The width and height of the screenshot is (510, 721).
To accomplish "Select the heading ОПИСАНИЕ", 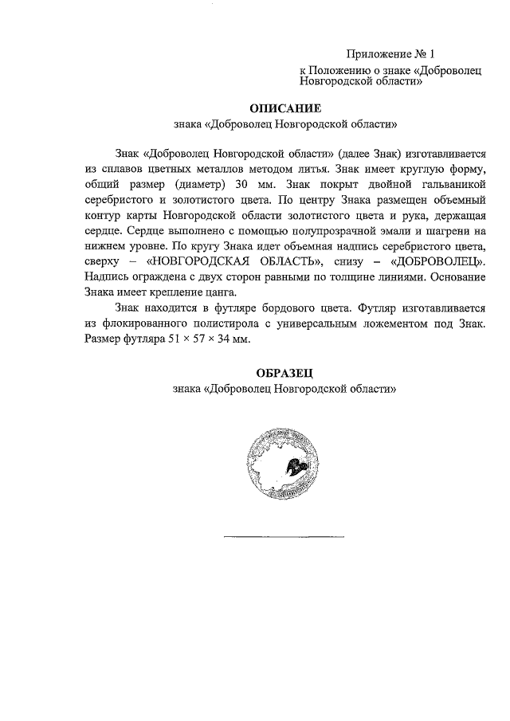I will click(284, 108).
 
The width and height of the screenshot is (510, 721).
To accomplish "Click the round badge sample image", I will click(283, 465).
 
